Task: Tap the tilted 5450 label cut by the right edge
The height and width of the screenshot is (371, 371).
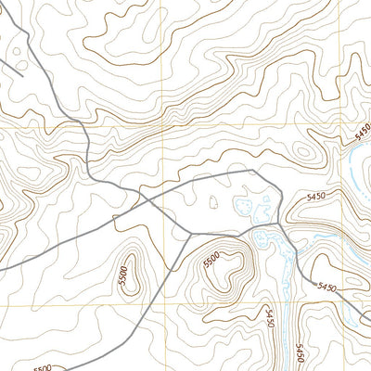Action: pos(362,134)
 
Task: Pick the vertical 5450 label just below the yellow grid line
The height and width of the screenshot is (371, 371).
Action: pos(271,321)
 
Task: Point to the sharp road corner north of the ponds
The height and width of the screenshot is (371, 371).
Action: pos(252,171)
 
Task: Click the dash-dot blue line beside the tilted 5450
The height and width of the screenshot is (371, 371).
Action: pos(352,167)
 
